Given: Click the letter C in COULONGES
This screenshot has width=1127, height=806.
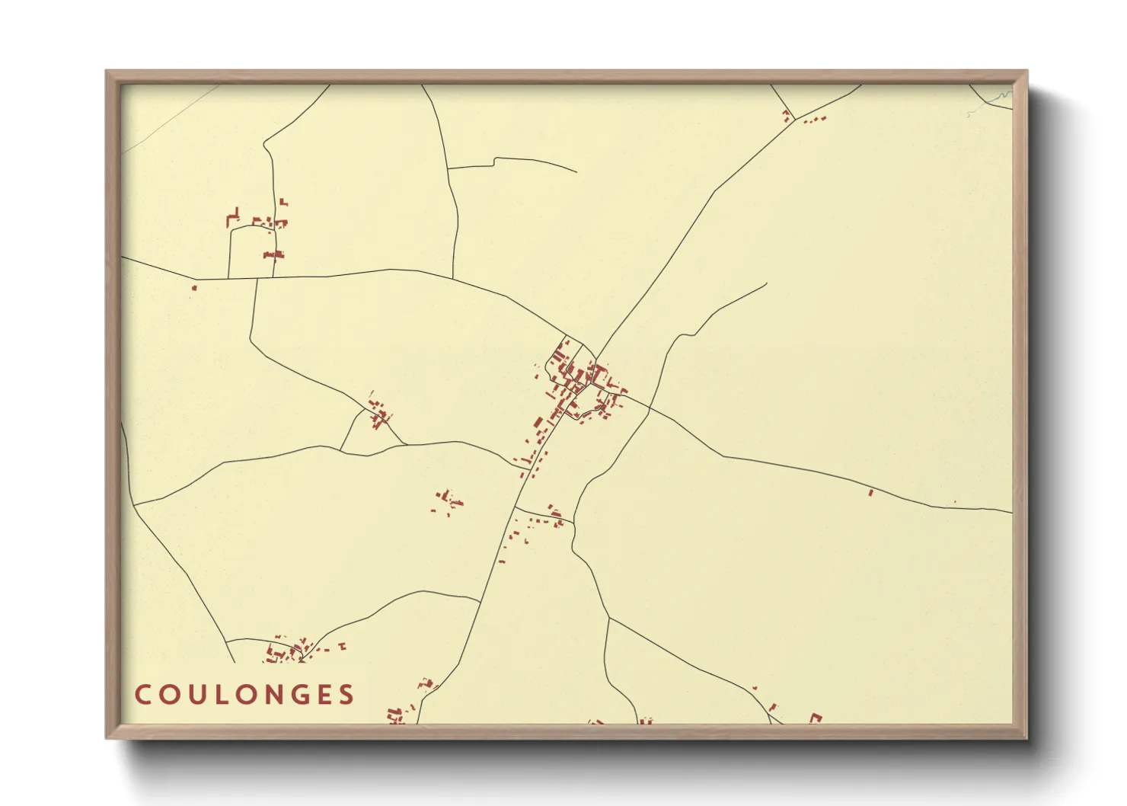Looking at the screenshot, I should coord(142,695).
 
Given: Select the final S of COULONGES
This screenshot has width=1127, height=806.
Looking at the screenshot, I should coord(347,695).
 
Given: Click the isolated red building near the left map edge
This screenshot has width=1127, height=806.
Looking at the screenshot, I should coord(194,288).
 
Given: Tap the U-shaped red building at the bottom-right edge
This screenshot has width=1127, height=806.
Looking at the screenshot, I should coord(816,718).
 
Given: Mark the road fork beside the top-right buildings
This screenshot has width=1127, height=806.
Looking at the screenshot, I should coord(795,120).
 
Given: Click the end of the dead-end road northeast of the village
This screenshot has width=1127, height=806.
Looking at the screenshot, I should coord(766,284).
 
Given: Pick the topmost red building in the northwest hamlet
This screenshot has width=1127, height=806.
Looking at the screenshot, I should coord(283,202).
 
